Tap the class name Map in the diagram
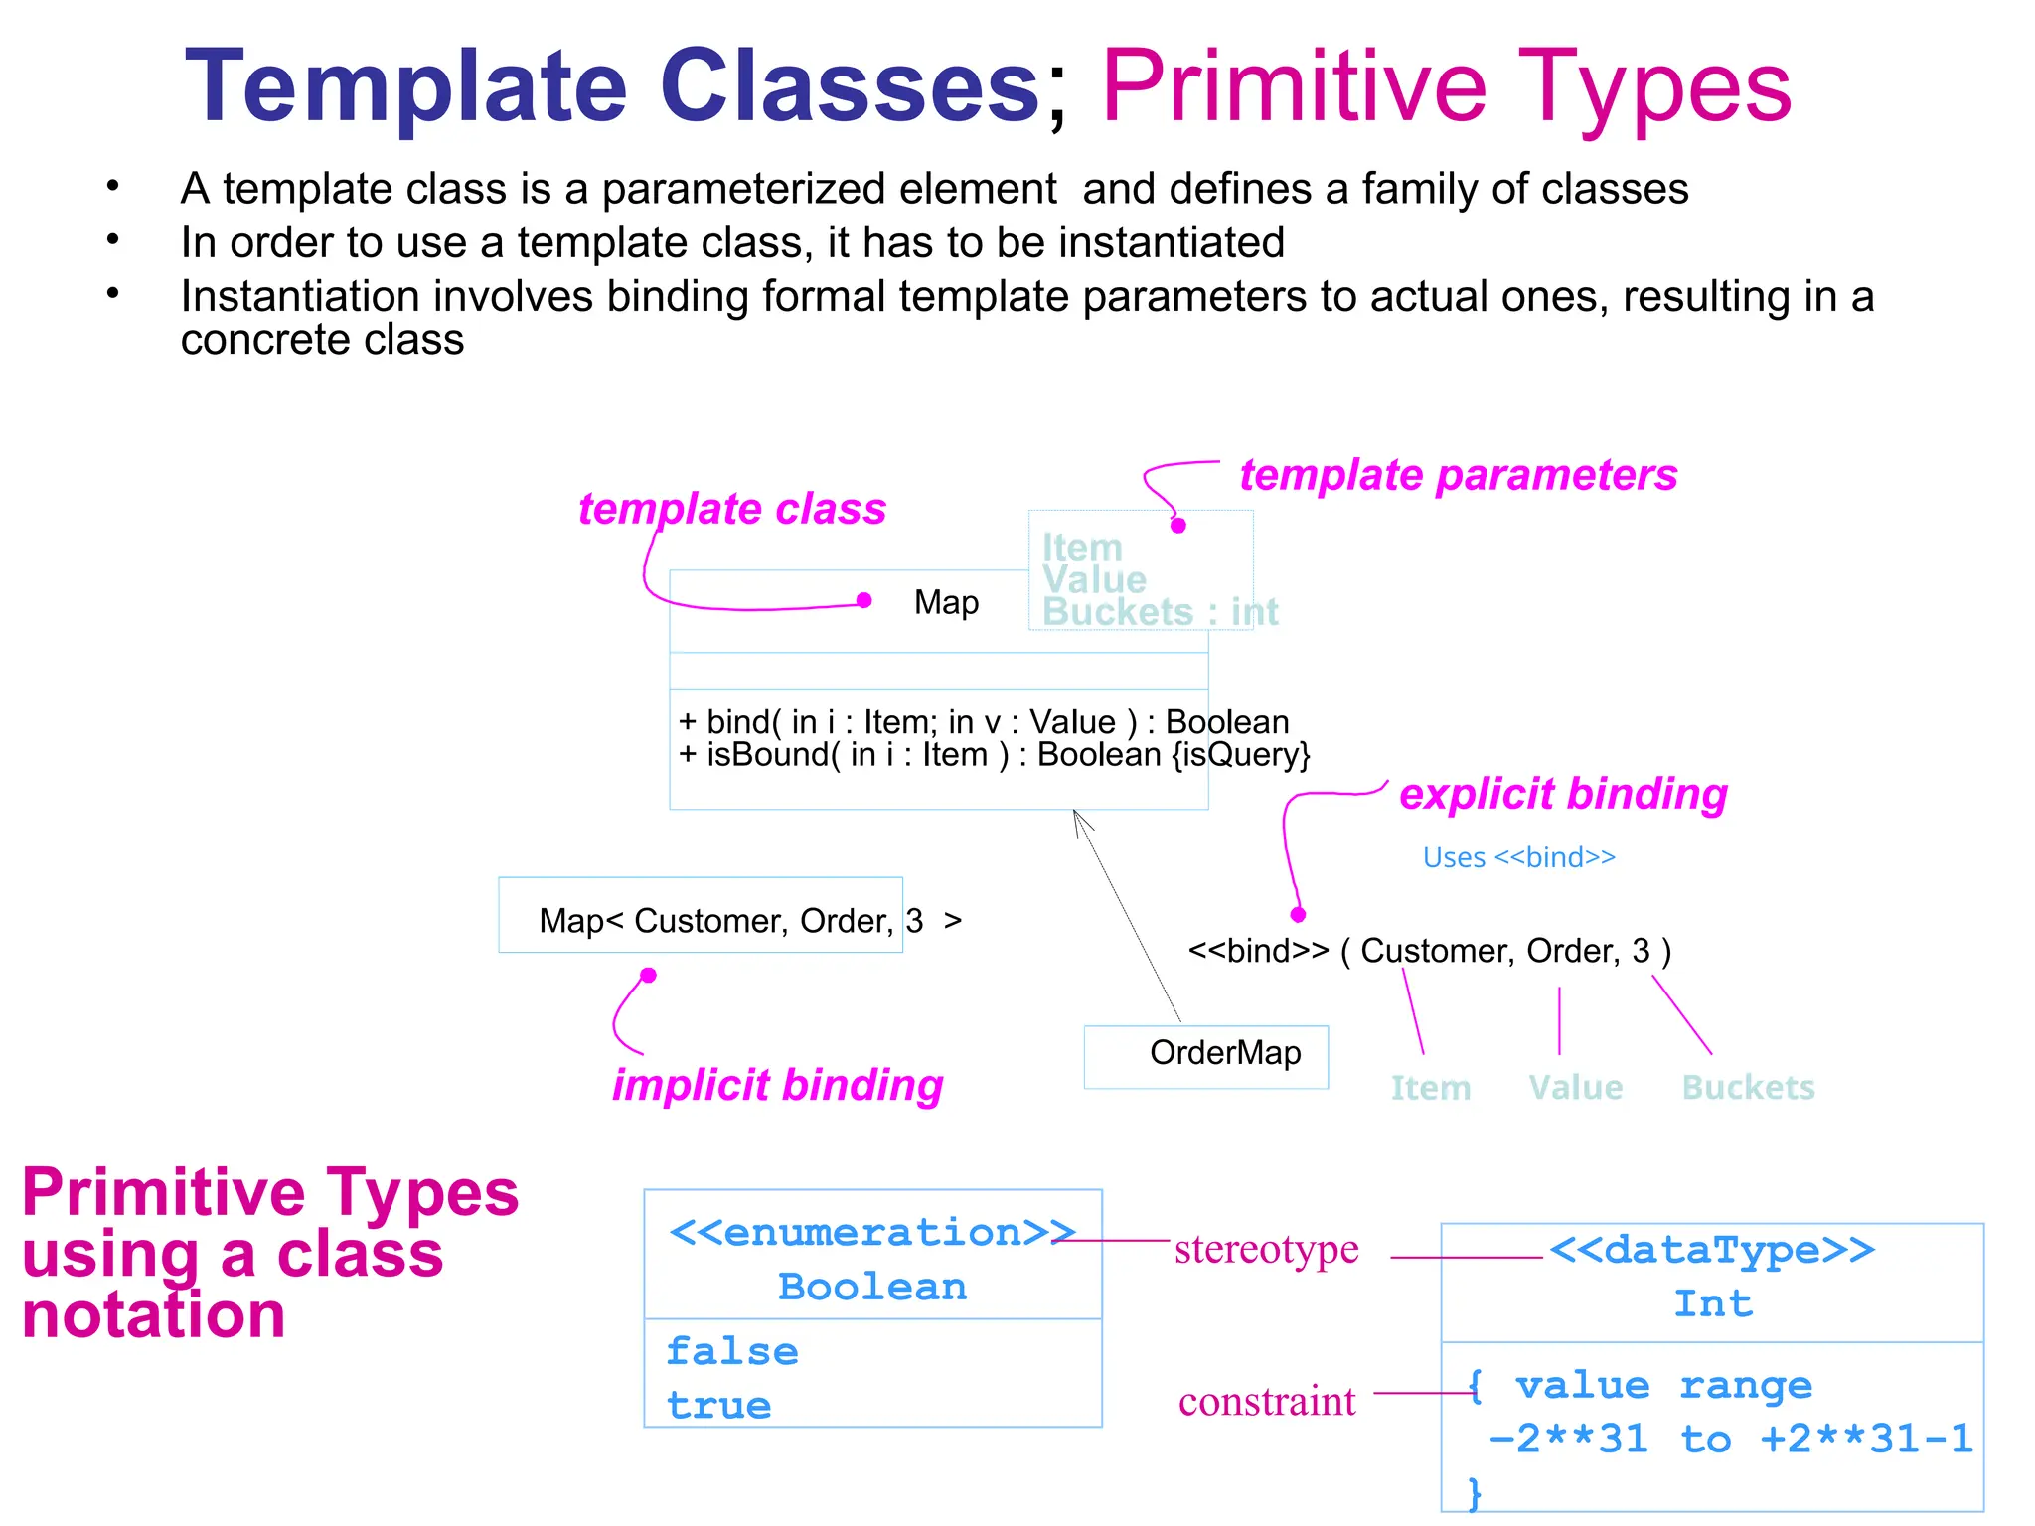click(946, 602)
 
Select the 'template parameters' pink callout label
click(1458, 475)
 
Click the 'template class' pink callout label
click(732, 509)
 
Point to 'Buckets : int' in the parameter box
click(1160, 612)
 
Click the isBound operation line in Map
click(994, 755)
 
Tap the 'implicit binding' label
click(777, 1085)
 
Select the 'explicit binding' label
click(1563, 794)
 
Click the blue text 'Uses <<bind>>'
click(1518, 857)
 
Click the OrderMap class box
click(1205, 1055)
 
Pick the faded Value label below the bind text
click(1575, 1088)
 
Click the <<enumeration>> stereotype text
click(871, 1233)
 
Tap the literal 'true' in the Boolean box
click(718, 1406)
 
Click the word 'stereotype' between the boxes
click(1266, 1250)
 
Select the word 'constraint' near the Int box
click(1267, 1402)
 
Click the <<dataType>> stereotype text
click(1711, 1250)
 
